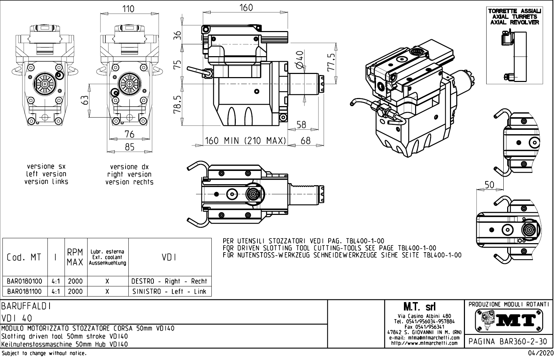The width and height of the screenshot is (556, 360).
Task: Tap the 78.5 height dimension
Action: pos(178,104)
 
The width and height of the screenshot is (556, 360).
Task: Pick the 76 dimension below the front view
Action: pos(129,134)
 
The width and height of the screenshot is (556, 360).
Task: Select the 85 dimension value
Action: pos(129,147)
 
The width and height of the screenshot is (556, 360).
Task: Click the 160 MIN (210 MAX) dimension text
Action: pos(245,141)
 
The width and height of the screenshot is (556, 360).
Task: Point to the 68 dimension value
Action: pos(306,141)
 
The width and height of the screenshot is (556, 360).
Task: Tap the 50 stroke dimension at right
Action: pos(489,185)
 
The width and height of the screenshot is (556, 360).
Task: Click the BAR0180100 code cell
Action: pos(25,281)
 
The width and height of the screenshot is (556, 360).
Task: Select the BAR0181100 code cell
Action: pos(25,291)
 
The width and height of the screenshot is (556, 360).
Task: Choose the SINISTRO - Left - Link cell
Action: pos(170,291)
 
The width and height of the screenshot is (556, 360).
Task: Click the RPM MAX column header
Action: pos(75,257)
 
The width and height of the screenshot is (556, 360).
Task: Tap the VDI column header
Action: pos(170,257)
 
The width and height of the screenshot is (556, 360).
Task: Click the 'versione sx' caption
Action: pos(46,166)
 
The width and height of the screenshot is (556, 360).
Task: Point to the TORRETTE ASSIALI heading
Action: pos(514,11)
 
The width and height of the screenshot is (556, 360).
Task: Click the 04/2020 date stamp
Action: pos(540,353)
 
